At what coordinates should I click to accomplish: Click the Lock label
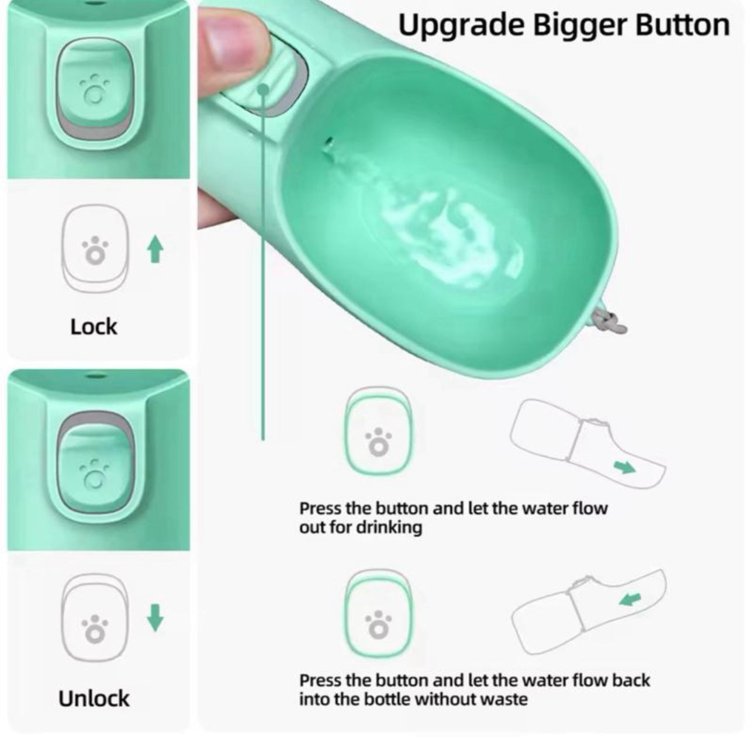[x=94, y=327]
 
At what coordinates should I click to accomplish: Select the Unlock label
[x=94, y=698]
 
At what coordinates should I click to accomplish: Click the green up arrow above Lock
[x=155, y=248]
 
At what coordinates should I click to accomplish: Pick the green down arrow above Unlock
[x=155, y=617]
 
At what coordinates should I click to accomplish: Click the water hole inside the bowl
[x=328, y=146]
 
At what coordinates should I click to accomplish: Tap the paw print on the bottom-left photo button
[x=94, y=474]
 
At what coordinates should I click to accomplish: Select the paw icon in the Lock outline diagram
[x=95, y=250]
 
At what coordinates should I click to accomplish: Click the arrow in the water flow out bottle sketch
[x=624, y=467]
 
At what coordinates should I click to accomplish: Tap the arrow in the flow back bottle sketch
[x=630, y=599]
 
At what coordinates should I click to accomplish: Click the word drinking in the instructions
[x=389, y=527]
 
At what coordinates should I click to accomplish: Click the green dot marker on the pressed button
[x=264, y=90]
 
